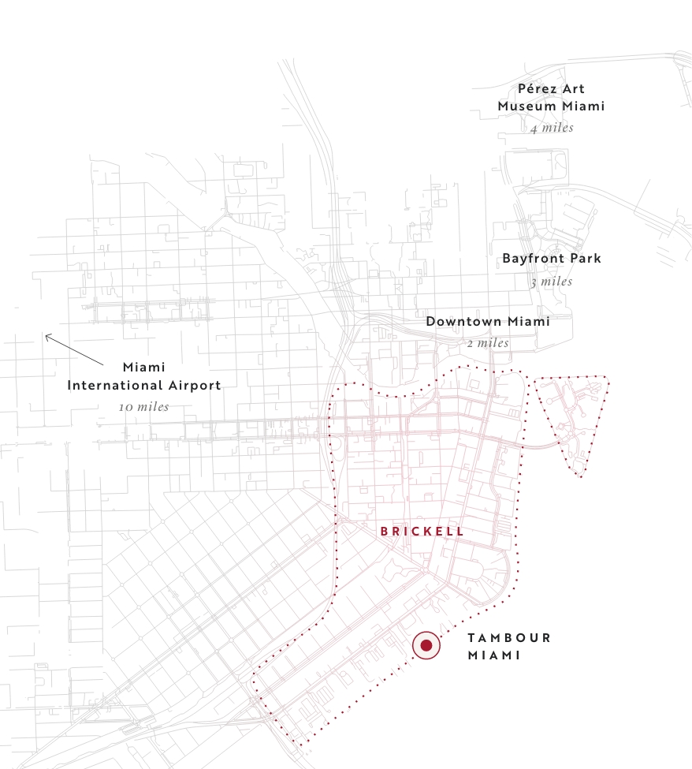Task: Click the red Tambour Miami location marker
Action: click(426, 646)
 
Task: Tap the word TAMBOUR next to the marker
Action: click(509, 638)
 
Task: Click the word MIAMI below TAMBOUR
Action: click(494, 655)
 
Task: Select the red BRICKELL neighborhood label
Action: click(422, 532)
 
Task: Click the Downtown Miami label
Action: click(488, 322)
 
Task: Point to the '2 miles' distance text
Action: click(488, 343)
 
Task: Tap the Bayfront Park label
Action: click(552, 259)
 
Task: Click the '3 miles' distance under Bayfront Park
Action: click(552, 282)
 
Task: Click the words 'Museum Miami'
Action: click(551, 106)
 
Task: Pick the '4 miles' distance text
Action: click(552, 128)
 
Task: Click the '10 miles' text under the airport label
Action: click(143, 407)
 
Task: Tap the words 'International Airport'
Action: click(143, 386)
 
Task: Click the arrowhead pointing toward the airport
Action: click(47, 337)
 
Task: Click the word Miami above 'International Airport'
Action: click(143, 368)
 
